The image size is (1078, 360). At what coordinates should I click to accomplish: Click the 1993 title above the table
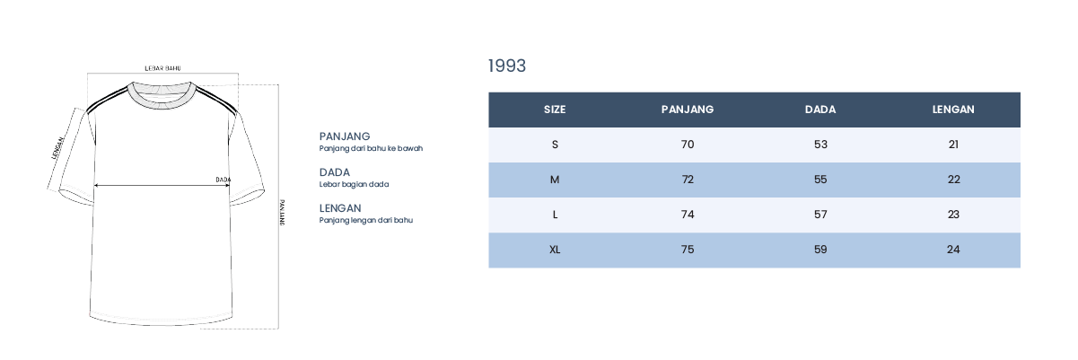[x=507, y=66]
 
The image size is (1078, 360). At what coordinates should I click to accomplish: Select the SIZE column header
[x=555, y=110]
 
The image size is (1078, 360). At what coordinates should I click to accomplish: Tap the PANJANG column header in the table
[x=688, y=110]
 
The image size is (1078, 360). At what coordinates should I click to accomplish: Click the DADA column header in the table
[x=820, y=110]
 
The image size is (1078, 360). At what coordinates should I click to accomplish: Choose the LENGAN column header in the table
[x=953, y=110]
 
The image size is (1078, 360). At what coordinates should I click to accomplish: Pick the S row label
[x=555, y=145]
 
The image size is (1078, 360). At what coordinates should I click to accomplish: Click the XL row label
[x=555, y=250]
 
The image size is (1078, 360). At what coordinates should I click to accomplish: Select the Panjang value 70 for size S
[x=688, y=145]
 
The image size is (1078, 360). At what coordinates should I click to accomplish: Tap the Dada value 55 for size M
[x=820, y=180]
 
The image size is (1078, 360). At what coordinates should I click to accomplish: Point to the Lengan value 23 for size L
[x=953, y=215]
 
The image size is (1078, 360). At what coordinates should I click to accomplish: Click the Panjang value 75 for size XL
[x=688, y=250]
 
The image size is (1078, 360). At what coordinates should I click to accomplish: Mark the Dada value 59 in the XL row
[x=820, y=250]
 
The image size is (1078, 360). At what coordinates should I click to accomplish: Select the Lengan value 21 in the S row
[x=953, y=145]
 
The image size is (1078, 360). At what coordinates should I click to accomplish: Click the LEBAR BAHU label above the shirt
[x=162, y=68]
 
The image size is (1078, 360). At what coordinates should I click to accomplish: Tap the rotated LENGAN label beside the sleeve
[x=57, y=148]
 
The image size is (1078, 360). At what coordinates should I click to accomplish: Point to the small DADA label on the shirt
[x=223, y=180]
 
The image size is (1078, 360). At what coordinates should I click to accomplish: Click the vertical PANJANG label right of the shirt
[x=282, y=212]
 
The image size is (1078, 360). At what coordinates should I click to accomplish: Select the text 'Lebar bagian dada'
[x=354, y=184]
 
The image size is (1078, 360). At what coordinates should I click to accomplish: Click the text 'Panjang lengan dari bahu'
[x=365, y=221]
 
